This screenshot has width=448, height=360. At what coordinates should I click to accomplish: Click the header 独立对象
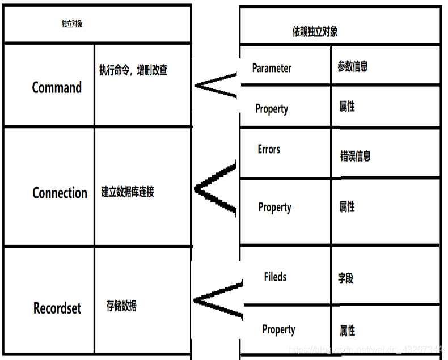[72, 24]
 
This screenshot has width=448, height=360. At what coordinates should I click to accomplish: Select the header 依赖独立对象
[315, 31]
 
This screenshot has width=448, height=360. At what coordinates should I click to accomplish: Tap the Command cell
[57, 87]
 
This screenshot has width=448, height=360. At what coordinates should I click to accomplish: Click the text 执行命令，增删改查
[133, 70]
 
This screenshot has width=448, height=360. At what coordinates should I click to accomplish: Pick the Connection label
[60, 193]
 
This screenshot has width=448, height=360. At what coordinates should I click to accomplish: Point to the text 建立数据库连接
[128, 192]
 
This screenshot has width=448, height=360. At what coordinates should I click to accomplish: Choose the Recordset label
[57, 308]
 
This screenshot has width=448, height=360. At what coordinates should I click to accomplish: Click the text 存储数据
[121, 306]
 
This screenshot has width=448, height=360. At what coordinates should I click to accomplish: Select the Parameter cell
[272, 68]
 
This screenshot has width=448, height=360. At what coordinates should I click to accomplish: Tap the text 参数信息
[353, 66]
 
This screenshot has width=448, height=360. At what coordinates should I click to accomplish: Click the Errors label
[269, 149]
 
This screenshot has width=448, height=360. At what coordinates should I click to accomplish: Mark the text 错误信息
[356, 155]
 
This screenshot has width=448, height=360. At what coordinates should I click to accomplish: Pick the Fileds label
[275, 277]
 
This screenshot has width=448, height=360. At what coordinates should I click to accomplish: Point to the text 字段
[346, 278]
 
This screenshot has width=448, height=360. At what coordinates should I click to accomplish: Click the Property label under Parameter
[272, 109]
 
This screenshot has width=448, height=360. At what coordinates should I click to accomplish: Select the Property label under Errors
[274, 207]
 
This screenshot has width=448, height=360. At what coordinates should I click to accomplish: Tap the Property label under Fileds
[278, 329]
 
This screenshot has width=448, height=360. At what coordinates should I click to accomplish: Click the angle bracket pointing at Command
[215, 86]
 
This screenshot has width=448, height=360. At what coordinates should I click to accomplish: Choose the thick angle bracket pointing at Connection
[215, 189]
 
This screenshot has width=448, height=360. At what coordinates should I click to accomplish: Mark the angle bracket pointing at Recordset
[218, 299]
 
